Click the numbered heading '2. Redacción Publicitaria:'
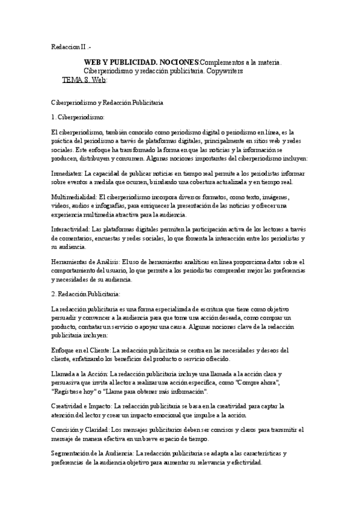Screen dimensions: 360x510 click(x=86, y=293)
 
